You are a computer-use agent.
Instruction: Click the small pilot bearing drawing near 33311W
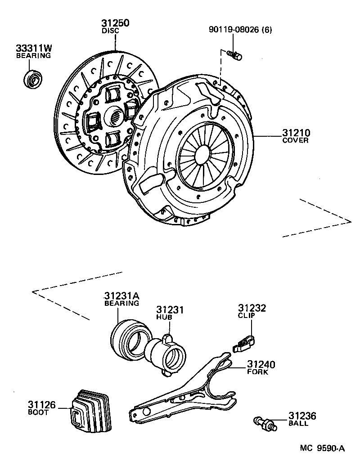tap(33, 80)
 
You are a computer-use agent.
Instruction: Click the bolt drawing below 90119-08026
tap(234, 54)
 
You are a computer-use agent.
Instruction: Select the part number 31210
tap(296, 133)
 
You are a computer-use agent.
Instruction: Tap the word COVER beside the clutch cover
tap(295, 141)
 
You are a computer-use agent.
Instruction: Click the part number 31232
tap(252, 308)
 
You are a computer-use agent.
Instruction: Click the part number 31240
tap(261, 364)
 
